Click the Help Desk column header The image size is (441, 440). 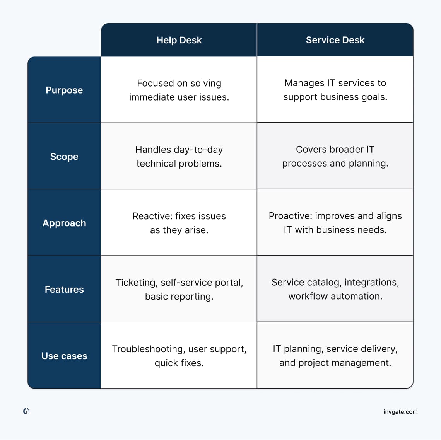(x=179, y=40)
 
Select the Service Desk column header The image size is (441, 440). (x=335, y=40)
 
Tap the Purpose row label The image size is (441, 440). (x=64, y=90)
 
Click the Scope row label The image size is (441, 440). (x=64, y=157)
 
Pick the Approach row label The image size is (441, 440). (x=64, y=223)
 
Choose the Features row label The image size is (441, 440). (x=64, y=290)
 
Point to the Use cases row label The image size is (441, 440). (x=64, y=356)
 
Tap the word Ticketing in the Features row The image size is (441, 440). (x=136, y=283)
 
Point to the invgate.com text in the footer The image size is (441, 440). (x=400, y=412)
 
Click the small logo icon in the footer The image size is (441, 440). (x=26, y=411)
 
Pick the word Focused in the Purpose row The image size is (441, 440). (x=156, y=84)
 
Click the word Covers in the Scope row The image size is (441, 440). (x=310, y=150)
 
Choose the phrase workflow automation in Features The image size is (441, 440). (x=335, y=297)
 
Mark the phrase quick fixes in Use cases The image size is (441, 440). (x=179, y=363)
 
